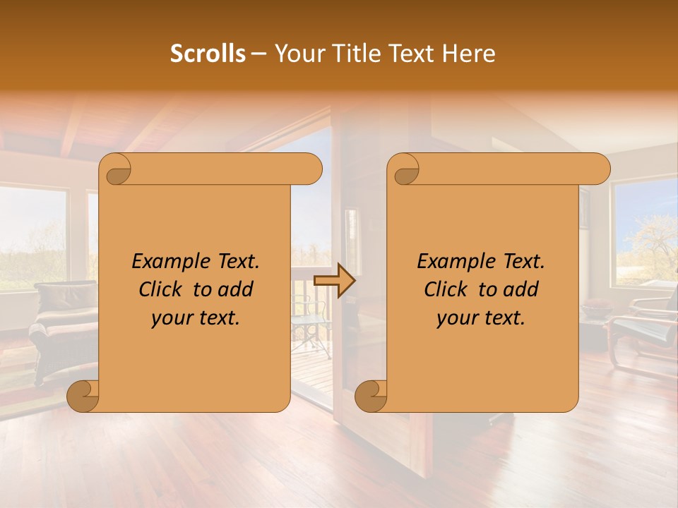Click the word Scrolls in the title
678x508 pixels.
click(x=208, y=54)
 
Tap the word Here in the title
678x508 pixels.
click(x=470, y=54)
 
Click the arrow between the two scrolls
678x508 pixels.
click(x=334, y=280)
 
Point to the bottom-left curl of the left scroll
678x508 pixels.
click(x=83, y=395)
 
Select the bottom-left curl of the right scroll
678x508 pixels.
click(x=371, y=395)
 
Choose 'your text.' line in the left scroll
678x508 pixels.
click(x=196, y=317)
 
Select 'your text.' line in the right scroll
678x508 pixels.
click(x=481, y=317)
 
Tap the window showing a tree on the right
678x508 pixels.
click(x=644, y=233)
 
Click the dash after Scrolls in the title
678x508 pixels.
click(x=259, y=54)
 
